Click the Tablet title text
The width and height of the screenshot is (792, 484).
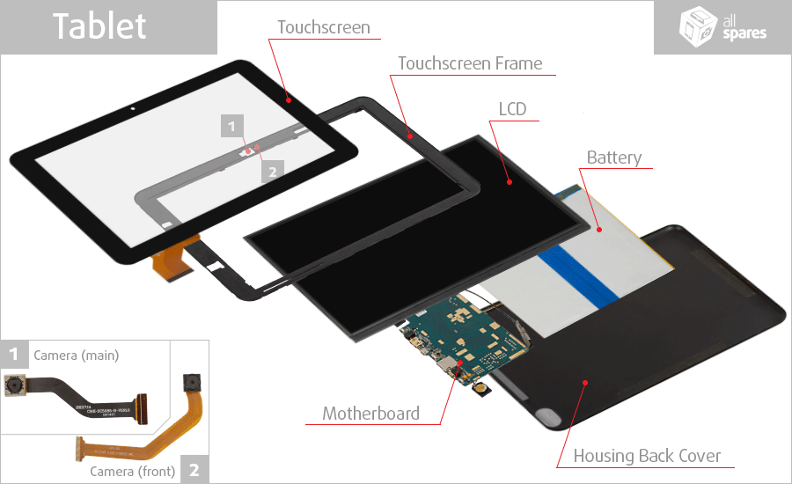99,26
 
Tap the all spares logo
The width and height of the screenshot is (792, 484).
723,27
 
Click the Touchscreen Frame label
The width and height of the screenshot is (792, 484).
470,63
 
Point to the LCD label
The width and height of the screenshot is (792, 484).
512,109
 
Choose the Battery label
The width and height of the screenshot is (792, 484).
614,158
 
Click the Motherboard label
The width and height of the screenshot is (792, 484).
370,413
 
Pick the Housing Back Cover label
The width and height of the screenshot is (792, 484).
647,456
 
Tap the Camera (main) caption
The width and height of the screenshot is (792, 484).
76,356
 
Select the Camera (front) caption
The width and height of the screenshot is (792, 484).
133,471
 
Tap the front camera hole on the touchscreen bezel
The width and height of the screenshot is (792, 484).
132,110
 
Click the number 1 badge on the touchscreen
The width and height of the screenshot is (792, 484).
231,126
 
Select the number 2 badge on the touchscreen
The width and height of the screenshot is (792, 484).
272,171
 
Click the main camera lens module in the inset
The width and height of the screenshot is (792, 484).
14,385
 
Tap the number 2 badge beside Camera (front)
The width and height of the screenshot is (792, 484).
194,470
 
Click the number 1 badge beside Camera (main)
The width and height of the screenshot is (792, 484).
14,355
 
